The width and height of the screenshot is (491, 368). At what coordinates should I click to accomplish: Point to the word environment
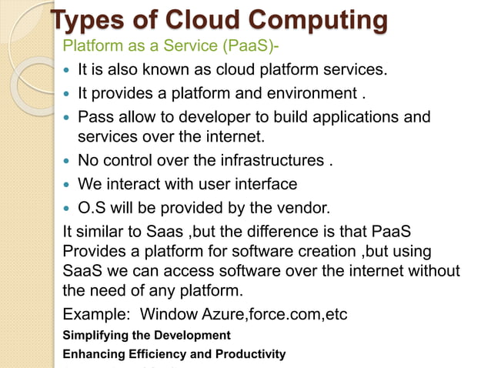tap(308, 95)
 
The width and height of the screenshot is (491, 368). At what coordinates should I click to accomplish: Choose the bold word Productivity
tap(250, 354)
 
